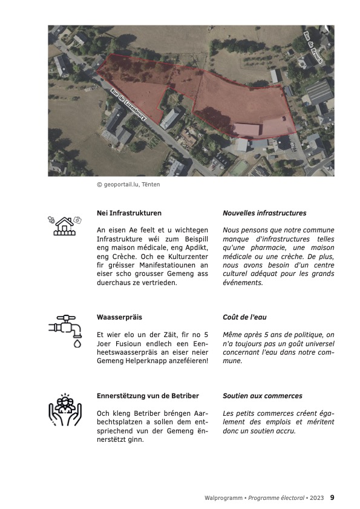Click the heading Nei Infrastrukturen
point(129,213)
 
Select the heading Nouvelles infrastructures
point(264,213)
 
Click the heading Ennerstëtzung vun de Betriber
point(148,396)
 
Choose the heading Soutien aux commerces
point(263,396)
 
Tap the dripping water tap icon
point(65,330)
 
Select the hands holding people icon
point(65,410)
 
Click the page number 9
point(332,498)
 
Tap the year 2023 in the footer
point(317,498)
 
